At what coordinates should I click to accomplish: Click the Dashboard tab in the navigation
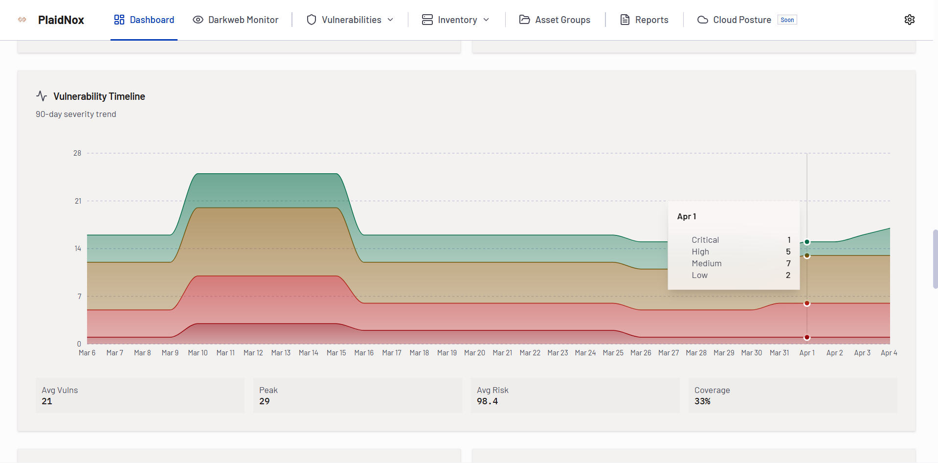pyautogui.click(x=144, y=20)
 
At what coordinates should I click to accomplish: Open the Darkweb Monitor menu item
pyautogui.click(x=235, y=20)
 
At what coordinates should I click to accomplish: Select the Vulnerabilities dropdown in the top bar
pyautogui.click(x=350, y=20)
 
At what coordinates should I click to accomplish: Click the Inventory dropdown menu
pyautogui.click(x=456, y=20)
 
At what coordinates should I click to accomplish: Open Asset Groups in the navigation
pyautogui.click(x=555, y=20)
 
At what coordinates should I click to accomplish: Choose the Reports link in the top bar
pyautogui.click(x=645, y=20)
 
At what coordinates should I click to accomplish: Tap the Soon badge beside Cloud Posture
pyautogui.click(x=787, y=20)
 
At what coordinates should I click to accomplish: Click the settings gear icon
pyautogui.click(x=909, y=20)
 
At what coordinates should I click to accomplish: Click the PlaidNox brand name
pyautogui.click(x=61, y=20)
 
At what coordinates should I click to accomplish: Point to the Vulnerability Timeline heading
pyautogui.click(x=99, y=96)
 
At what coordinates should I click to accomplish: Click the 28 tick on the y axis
pyautogui.click(x=77, y=153)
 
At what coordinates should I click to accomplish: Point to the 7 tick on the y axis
pyautogui.click(x=79, y=297)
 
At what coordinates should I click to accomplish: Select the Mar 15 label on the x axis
pyautogui.click(x=336, y=353)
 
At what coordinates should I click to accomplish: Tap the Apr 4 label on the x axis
pyautogui.click(x=889, y=353)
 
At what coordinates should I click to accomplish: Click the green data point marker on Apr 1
pyautogui.click(x=807, y=242)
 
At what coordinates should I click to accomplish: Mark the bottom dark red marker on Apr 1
pyautogui.click(x=807, y=337)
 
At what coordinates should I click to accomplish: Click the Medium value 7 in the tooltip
pyautogui.click(x=788, y=263)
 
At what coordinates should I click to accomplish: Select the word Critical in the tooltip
pyautogui.click(x=705, y=240)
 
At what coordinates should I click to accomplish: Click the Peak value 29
pyautogui.click(x=265, y=401)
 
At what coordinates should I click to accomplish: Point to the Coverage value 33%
pyautogui.click(x=702, y=401)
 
